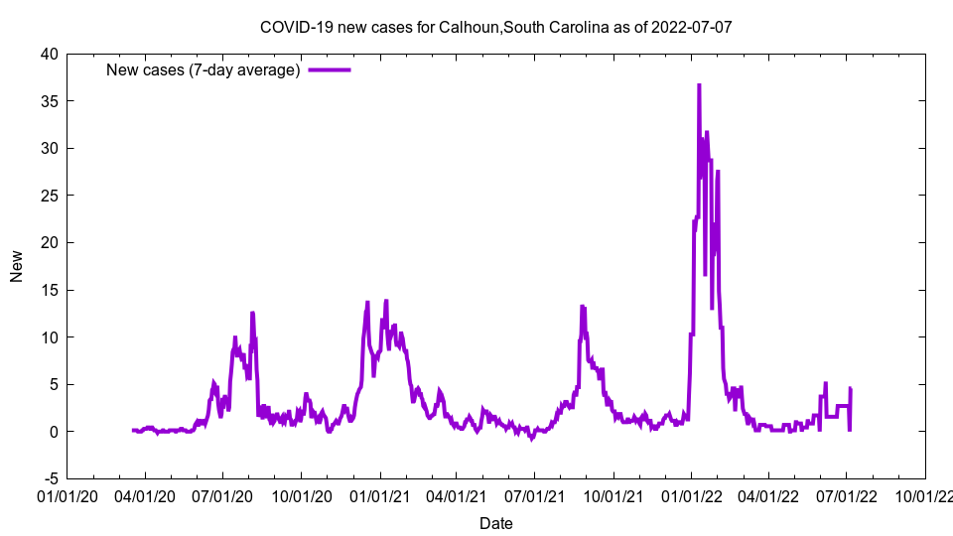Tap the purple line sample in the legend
point(330,69)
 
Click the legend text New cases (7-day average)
point(204,69)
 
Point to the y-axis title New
point(17,266)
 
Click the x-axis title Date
point(495,523)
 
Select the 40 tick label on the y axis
point(49,54)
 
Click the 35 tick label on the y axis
point(49,101)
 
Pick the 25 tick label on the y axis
point(49,196)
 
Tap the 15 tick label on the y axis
point(49,290)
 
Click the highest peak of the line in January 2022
point(699,85)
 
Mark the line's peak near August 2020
point(252,314)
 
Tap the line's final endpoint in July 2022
point(851,389)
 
